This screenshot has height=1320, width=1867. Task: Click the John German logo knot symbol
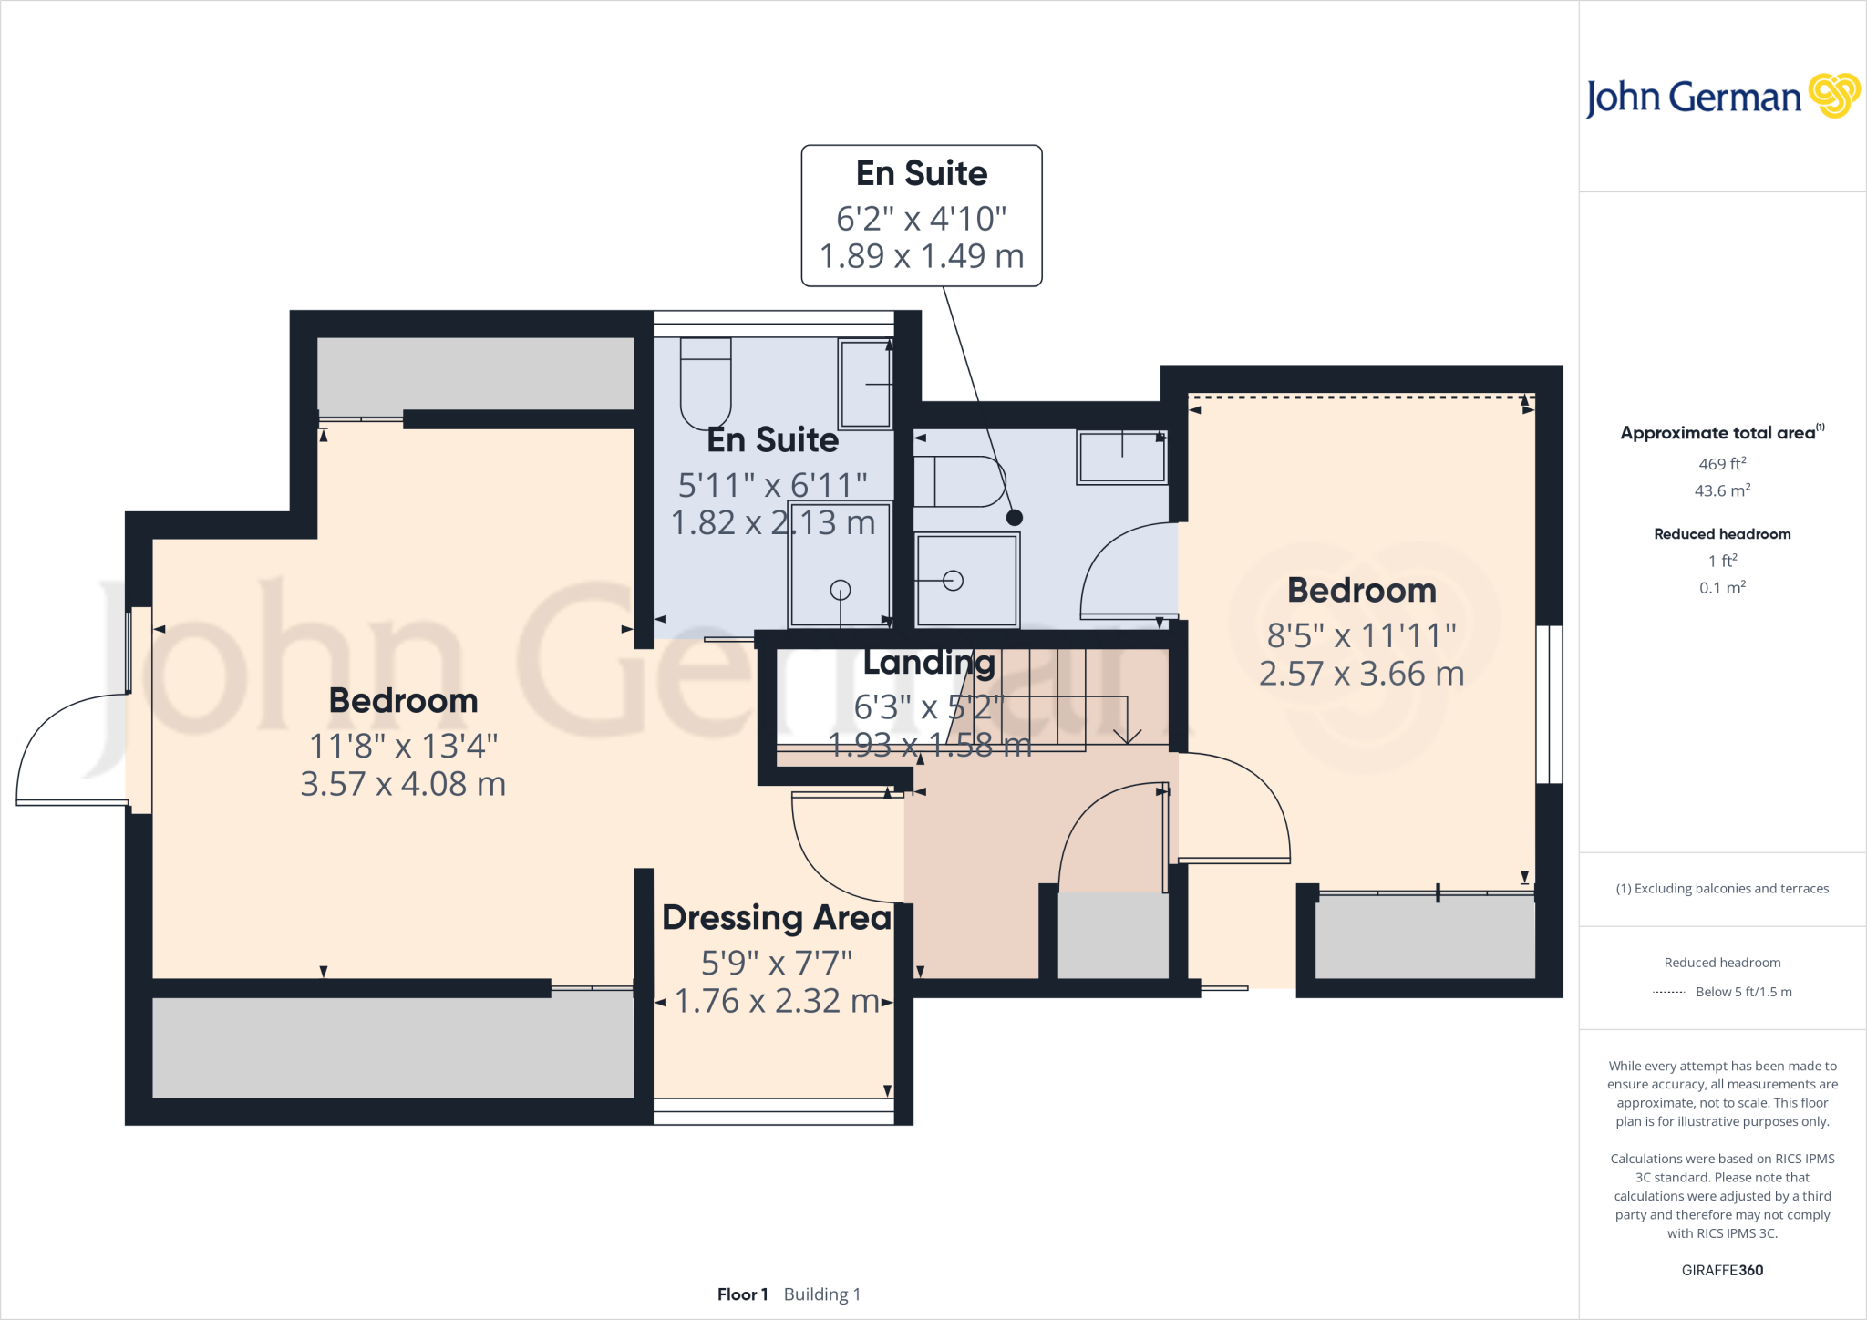point(1833,96)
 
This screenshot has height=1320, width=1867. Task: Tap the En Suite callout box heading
point(921,173)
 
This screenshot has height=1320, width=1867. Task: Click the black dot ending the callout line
point(1014,518)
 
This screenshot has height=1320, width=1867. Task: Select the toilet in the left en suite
point(706,383)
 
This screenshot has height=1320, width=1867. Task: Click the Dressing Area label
point(776,917)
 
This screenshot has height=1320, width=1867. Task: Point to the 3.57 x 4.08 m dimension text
point(403,784)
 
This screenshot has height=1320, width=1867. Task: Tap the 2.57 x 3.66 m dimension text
point(1361,674)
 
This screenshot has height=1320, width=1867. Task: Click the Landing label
point(929,663)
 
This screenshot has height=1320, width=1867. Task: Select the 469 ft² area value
point(1721,464)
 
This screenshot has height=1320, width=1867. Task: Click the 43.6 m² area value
point(1721,490)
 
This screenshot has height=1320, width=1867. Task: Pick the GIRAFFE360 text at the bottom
point(1721,1270)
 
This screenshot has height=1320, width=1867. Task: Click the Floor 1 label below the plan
point(742,1294)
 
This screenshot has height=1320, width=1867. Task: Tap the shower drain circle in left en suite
point(840,590)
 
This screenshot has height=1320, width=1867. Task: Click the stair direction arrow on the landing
point(1128,735)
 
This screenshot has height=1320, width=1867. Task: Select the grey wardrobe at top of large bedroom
point(475,374)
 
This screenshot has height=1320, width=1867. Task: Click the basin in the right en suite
point(1121,457)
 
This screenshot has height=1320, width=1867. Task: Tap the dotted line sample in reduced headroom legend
point(1668,992)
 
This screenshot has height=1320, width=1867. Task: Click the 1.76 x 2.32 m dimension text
point(776,1001)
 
